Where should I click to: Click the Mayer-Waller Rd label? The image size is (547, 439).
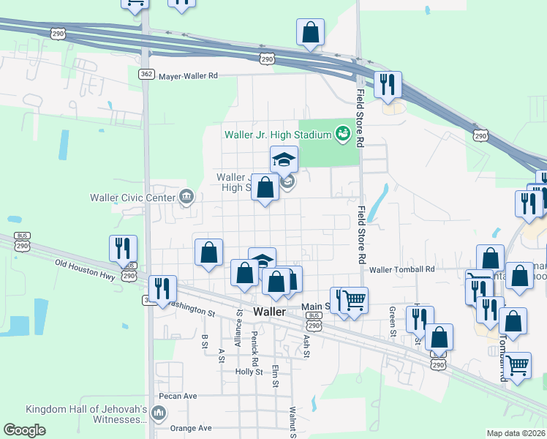tap(189, 75)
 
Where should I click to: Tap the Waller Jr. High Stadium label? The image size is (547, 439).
tap(278, 134)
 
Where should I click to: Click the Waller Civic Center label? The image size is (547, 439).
tap(132, 197)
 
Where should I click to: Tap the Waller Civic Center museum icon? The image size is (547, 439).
tap(186, 196)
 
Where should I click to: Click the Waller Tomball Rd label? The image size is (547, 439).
tap(402, 269)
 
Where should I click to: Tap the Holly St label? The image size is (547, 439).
tap(249, 372)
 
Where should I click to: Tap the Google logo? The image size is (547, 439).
tap(24, 430)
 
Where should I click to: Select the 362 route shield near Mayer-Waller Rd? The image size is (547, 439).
tap(146, 74)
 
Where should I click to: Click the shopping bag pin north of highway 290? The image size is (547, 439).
tap(310, 33)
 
